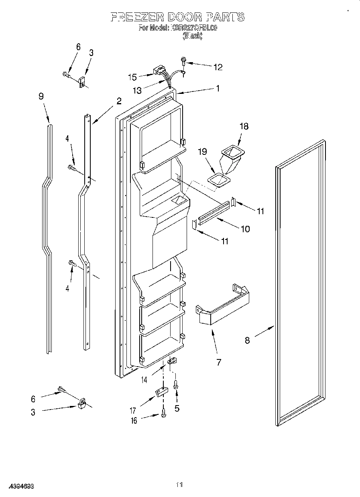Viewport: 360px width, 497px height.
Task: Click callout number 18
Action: pyautogui.click(x=244, y=127)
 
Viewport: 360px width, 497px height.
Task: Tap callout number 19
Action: pyautogui.click(x=203, y=152)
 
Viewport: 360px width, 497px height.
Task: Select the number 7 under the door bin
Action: pyautogui.click(x=218, y=363)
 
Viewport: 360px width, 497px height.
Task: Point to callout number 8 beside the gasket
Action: pyautogui.click(x=247, y=341)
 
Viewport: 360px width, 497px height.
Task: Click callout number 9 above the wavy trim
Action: pyautogui.click(x=41, y=96)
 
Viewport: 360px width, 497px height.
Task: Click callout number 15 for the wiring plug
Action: pyautogui.click(x=133, y=77)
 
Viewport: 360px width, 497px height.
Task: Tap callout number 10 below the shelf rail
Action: pyautogui.click(x=244, y=229)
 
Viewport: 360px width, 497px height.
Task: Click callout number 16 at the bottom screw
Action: pyautogui.click(x=134, y=420)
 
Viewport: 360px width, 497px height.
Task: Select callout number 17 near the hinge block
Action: pyautogui.click(x=133, y=410)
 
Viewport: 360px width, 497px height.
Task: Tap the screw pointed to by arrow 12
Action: pyautogui.click(x=184, y=61)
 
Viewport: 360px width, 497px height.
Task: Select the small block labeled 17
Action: pyautogui.click(x=161, y=392)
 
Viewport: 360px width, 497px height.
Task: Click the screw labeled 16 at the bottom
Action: pyautogui.click(x=164, y=413)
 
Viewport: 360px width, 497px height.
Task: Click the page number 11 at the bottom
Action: pyautogui.click(x=179, y=485)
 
